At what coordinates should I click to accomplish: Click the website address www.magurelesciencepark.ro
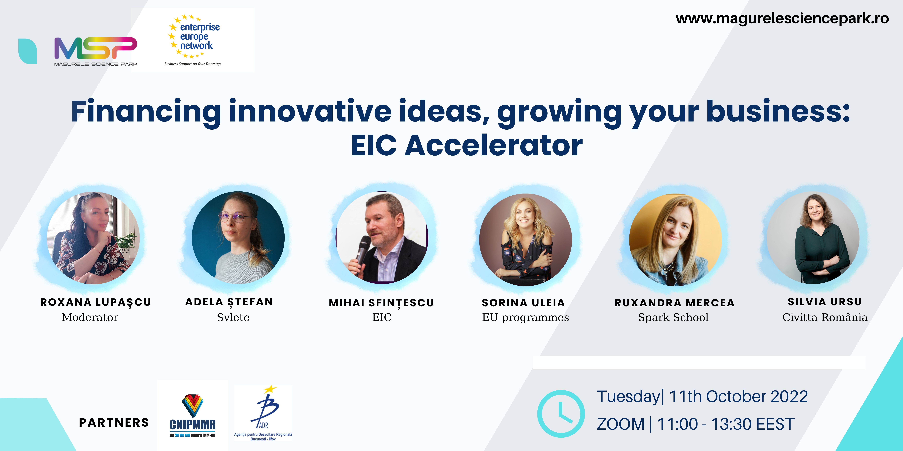pos(782,19)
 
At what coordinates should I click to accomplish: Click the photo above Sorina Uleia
pos(525,239)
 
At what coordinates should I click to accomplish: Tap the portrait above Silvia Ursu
pos(813,238)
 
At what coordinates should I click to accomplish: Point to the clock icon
pos(561,414)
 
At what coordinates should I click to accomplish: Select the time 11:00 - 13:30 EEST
pos(726,424)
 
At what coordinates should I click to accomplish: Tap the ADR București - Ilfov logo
pos(263,413)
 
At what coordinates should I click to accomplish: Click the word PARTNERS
pos(114,423)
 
